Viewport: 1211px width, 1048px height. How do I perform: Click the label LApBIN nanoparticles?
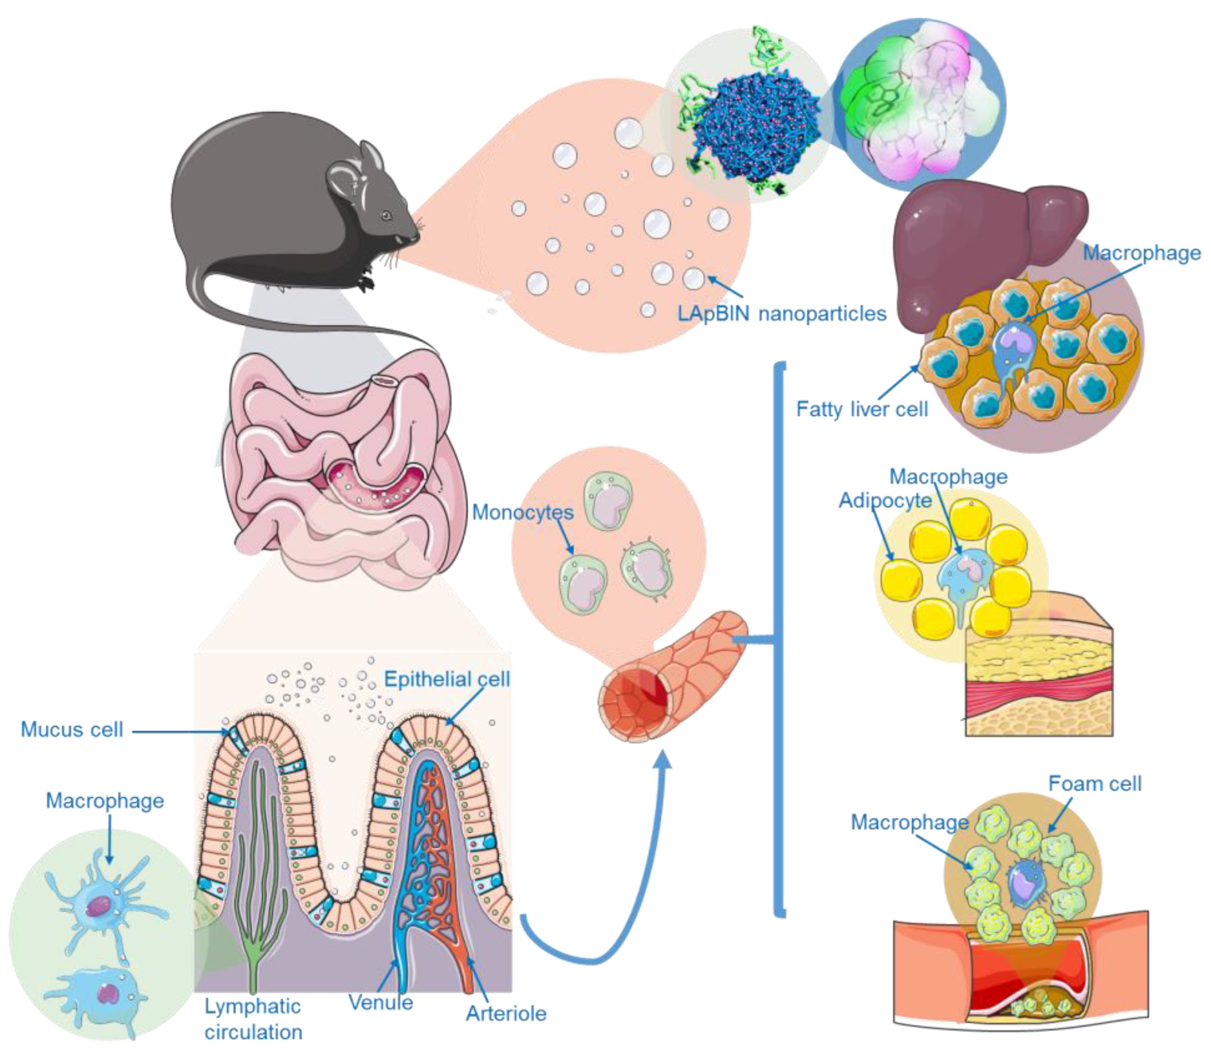782,314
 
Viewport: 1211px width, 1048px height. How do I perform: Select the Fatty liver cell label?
861,409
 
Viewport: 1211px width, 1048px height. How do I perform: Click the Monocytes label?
522,512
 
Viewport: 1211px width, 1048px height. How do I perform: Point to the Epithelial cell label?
447,679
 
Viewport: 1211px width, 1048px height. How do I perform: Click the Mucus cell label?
72,729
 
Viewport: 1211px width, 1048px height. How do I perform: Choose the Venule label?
381,1002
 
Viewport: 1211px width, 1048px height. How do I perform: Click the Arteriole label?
506,1013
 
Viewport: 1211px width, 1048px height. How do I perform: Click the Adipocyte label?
885,501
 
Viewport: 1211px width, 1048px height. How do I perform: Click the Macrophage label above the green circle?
105,800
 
